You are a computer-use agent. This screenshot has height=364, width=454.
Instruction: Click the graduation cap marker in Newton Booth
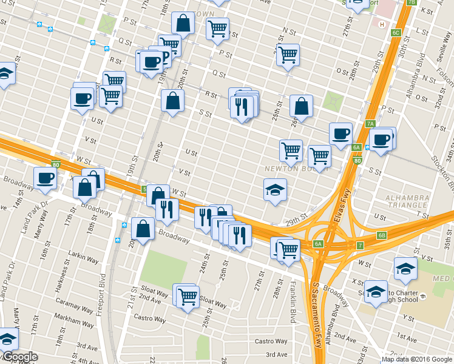pos(275,190)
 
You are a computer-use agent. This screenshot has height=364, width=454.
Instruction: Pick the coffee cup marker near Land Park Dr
pos(45,178)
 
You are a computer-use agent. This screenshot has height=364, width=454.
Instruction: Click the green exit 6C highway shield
pos(396,32)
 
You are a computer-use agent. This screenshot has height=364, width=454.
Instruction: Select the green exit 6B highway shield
pos(381,235)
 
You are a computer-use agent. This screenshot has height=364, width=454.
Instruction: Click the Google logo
pos(20,357)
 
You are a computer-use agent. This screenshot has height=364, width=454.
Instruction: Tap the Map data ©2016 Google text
pos(416,359)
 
